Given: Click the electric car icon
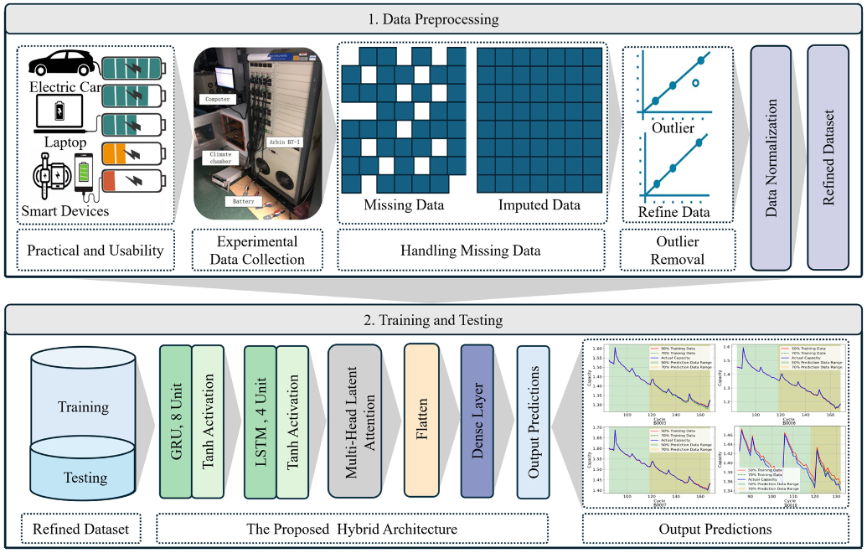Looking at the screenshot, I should (x=59, y=65).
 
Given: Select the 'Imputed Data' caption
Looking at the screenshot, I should (x=539, y=205).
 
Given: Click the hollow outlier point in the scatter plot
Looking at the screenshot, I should (x=694, y=83).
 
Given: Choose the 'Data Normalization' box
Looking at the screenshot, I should (x=771, y=158).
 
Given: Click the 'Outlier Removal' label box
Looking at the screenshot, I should (x=678, y=251).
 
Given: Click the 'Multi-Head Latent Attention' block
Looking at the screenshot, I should (x=359, y=421).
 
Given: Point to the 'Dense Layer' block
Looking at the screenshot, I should (x=477, y=421).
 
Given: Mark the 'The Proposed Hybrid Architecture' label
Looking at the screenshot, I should (x=353, y=529).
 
